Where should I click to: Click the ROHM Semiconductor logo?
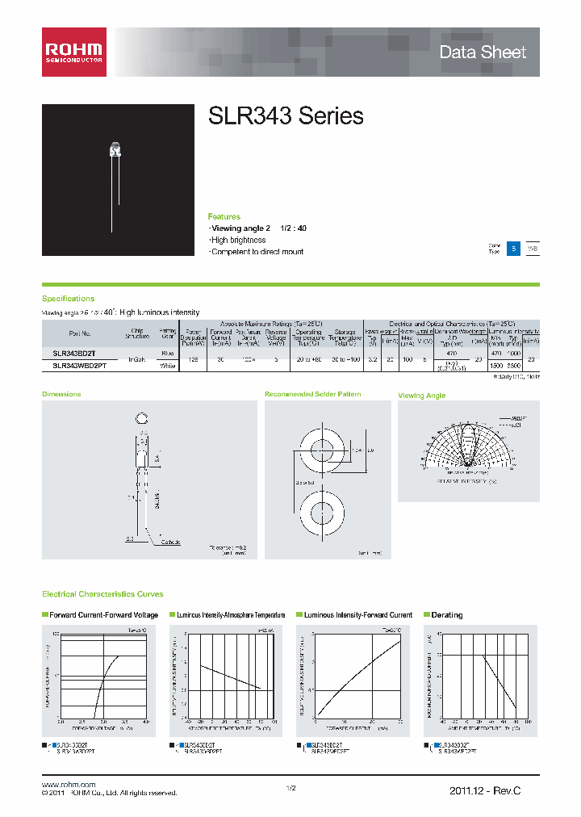(x=74, y=52)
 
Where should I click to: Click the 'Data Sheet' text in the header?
(x=483, y=52)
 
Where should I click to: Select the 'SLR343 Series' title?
(x=286, y=116)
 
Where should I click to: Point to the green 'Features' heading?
(x=224, y=217)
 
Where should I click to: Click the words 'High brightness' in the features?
(x=238, y=241)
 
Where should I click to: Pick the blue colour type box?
(x=513, y=249)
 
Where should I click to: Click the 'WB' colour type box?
(x=533, y=249)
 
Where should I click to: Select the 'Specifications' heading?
(x=68, y=299)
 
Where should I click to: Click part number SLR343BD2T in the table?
(x=73, y=354)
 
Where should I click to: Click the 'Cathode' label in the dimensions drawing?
(x=170, y=542)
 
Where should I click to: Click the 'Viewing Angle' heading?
(x=422, y=396)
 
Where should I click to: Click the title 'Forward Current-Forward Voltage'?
(x=103, y=615)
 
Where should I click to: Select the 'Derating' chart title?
(x=446, y=615)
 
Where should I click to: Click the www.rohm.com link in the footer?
(x=69, y=785)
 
